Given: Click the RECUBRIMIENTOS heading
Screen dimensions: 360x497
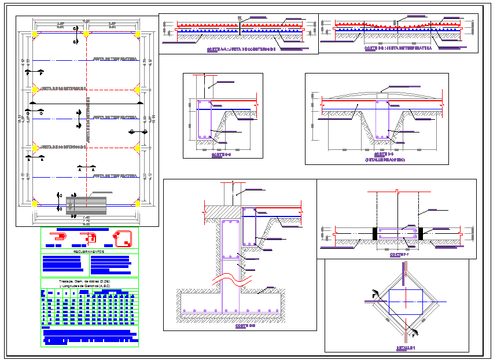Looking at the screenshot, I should pyautogui.click(x=89, y=252).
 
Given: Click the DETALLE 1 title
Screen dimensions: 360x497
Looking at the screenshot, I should pyautogui.click(x=406, y=348).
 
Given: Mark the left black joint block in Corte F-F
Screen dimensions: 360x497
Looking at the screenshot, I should pyautogui.click(x=375, y=233).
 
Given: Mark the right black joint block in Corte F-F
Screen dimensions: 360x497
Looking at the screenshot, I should pyautogui.click(x=421, y=233).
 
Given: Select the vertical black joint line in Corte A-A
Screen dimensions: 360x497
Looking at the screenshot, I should pyautogui.click(x=240, y=27).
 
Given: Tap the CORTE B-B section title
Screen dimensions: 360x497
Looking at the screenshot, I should pyautogui.click(x=398, y=49).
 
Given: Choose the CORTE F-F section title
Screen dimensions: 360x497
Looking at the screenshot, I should pyautogui.click(x=399, y=255).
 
